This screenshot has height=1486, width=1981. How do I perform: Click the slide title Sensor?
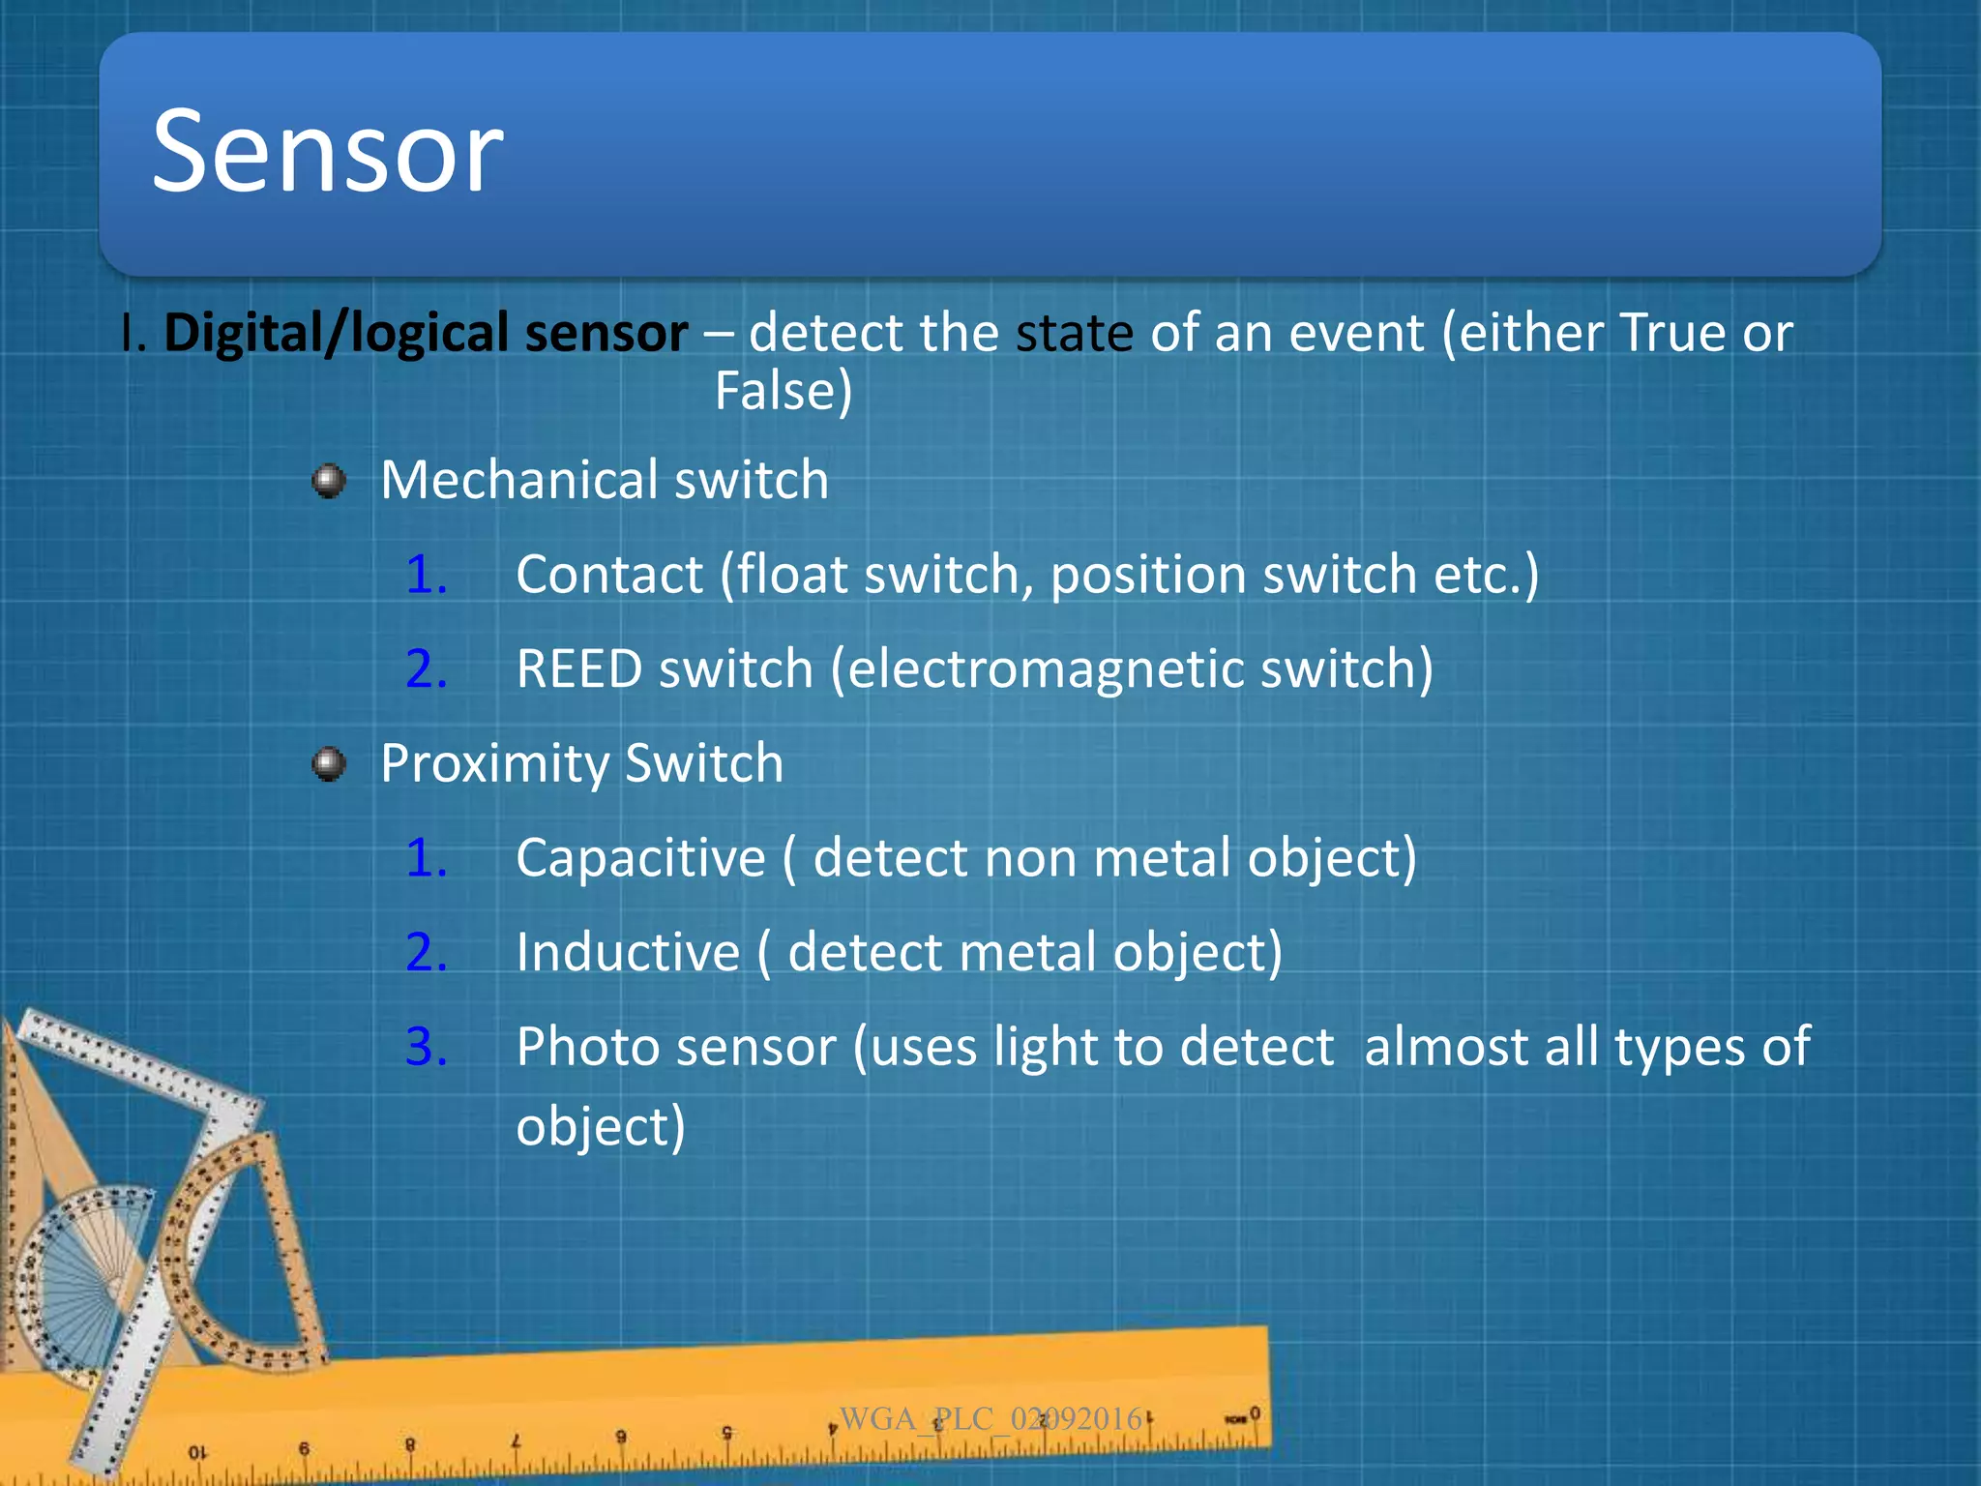(327, 152)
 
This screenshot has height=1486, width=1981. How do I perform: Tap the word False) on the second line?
(784, 392)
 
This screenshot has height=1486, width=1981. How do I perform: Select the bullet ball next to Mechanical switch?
(329, 481)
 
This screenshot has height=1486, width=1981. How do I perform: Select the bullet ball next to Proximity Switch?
(329, 764)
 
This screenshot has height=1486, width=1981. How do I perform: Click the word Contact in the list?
(609, 575)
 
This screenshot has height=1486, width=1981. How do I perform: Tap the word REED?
(578, 669)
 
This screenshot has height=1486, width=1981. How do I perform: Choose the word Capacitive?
(640, 858)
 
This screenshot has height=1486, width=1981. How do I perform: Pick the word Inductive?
(628, 953)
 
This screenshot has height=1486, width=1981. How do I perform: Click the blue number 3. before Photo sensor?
(426, 1048)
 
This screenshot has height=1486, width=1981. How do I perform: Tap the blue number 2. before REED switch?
(426, 669)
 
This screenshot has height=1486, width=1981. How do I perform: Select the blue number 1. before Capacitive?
(426, 858)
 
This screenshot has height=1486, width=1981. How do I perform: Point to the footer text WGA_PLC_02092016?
(990, 1419)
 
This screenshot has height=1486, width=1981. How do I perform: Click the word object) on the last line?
(601, 1128)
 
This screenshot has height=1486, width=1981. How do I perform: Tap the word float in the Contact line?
(793, 575)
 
